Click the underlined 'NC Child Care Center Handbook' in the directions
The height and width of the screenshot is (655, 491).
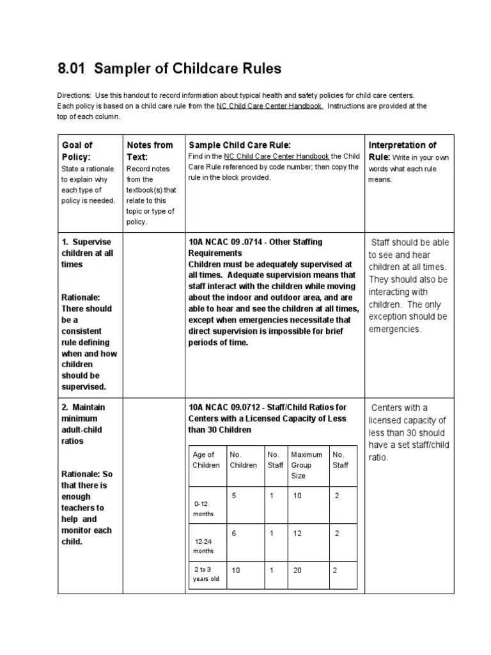coord(269,106)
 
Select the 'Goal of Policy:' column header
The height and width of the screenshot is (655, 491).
coord(77,150)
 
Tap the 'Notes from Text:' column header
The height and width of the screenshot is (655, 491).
coord(150,150)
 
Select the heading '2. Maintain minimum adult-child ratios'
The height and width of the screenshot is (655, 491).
coord(84,424)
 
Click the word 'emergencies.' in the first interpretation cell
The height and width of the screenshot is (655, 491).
coord(395,329)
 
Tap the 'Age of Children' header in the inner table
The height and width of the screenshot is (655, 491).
coord(206,460)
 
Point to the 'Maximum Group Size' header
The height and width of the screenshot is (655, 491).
coord(306,465)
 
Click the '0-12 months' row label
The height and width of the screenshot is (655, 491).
coord(205,509)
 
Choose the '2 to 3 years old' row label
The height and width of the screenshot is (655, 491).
coord(206,574)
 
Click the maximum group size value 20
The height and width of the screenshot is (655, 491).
coord(297,571)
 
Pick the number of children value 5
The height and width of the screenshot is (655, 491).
coord(234,495)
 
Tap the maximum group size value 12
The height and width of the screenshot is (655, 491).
coord(297,533)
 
